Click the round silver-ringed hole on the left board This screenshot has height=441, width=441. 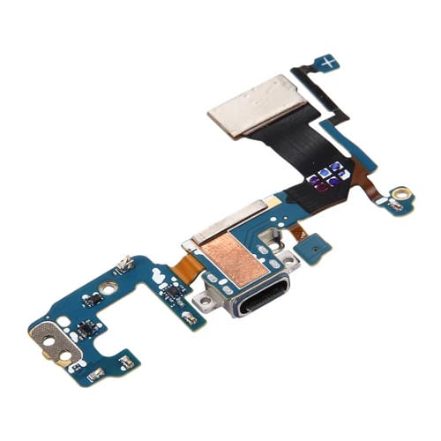coord(109,288)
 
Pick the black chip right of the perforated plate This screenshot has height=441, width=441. coord(86,329)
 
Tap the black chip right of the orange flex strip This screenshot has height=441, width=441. coord(173,289)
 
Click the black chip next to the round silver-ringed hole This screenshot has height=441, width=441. coord(92,300)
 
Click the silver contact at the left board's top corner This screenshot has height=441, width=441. coord(126,262)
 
